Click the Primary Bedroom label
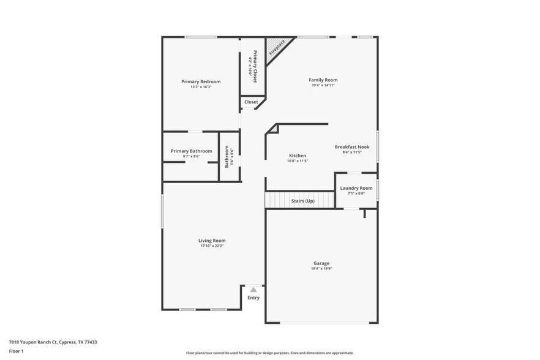pyautogui.click(x=201, y=81)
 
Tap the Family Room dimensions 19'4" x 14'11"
pyautogui.click(x=323, y=86)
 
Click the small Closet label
pyautogui.click(x=251, y=102)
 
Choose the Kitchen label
pyautogui.click(x=298, y=156)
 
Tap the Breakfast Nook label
pyautogui.click(x=352, y=147)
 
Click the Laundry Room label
pyautogui.click(x=356, y=188)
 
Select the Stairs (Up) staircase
pyautogui.click(x=300, y=200)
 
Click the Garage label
pyautogui.click(x=322, y=263)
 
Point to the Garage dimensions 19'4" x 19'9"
pyautogui.click(x=322, y=269)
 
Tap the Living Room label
pyautogui.click(x=212, y=241)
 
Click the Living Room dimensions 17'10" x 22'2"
pyautogui.click(x=212, y=246)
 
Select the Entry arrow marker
pyautogui.click(x=253, y=290)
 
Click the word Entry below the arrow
pyautogui.click(x=253, y=298)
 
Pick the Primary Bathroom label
pyautogui.click(x=192, y=151)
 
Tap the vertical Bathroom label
pyautogui.click(x=227, y=156)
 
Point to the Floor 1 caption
pyautogui.click(x=16, y=351)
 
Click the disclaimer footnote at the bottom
pyautogui.click(x=269, y=353)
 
